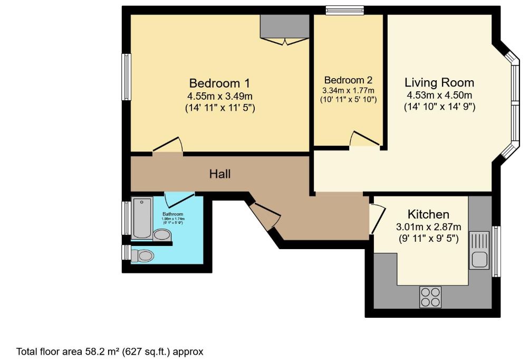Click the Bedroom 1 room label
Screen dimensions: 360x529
[x=219, y=83]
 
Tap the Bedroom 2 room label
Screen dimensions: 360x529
[x=348, y=80]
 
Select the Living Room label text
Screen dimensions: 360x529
[x=439, y=82]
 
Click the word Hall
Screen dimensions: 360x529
[x=220, y=173]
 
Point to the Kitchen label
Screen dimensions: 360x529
[x=428, y=214]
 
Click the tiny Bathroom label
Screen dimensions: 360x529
[x=172, y=214]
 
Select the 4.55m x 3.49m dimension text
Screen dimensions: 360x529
[x=219, y=96]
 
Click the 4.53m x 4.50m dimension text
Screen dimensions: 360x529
[x=439, y=96]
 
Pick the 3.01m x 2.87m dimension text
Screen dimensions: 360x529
[x=428, y=227]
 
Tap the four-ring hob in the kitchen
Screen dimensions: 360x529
[x=430, y=297]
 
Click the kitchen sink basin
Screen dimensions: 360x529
[x=479, y=259]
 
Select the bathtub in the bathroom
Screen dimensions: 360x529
[x=142, y=217]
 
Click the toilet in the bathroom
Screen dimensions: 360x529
[x=143, y=256]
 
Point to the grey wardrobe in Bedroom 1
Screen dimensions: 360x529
[x=284, y=26]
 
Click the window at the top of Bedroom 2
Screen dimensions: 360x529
[x=345, y=10]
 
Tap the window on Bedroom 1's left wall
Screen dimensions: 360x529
[x=127, y=77]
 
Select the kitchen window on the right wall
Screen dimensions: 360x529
[x=496, y=251]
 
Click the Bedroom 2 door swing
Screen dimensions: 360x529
[x=365, y=139]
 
